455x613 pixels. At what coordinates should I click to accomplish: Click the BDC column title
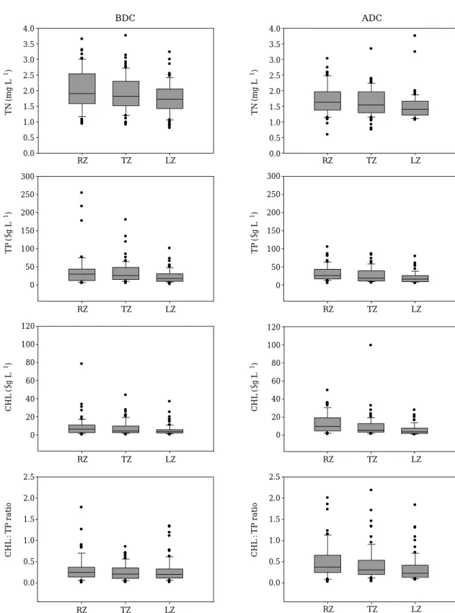[x=125, y=18]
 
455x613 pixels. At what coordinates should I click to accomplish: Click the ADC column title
[x=372, y=18]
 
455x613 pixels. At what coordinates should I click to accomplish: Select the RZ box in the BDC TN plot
[x=82, y=89]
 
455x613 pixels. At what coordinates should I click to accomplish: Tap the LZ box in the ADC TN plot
[x=415, y=108]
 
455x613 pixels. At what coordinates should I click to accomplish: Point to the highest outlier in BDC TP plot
[x=81, y=193]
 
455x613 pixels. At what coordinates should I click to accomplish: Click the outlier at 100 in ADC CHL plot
[x=371, y=345]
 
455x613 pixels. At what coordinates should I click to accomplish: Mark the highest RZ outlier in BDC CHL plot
[x=81, y=363]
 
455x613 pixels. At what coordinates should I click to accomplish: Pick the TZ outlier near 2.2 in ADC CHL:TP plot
[x=371, y=490]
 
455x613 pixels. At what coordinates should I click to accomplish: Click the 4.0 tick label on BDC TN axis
[x=30, y=29]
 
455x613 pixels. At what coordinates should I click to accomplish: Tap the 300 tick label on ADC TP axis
[x=273, y=176]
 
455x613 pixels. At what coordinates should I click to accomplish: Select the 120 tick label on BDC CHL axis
[x=27, y=326]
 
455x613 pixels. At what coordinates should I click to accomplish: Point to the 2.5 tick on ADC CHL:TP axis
[x=275, y=477]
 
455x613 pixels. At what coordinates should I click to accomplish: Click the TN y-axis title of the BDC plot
[x=9, y=92]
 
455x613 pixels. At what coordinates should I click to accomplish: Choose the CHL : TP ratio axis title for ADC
[x=255, y=530]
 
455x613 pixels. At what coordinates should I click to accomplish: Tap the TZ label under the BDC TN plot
[x=126, y=161]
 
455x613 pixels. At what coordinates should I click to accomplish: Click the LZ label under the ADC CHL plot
[x=416, y=459]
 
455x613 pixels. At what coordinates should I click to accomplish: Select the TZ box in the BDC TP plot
[x=126, y=273]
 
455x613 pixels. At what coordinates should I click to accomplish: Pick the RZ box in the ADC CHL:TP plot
[x=327, y=564]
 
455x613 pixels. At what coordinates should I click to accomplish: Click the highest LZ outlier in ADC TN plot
[x=415, y=35]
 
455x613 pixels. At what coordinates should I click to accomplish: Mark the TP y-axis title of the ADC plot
[x=255, y=233]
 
